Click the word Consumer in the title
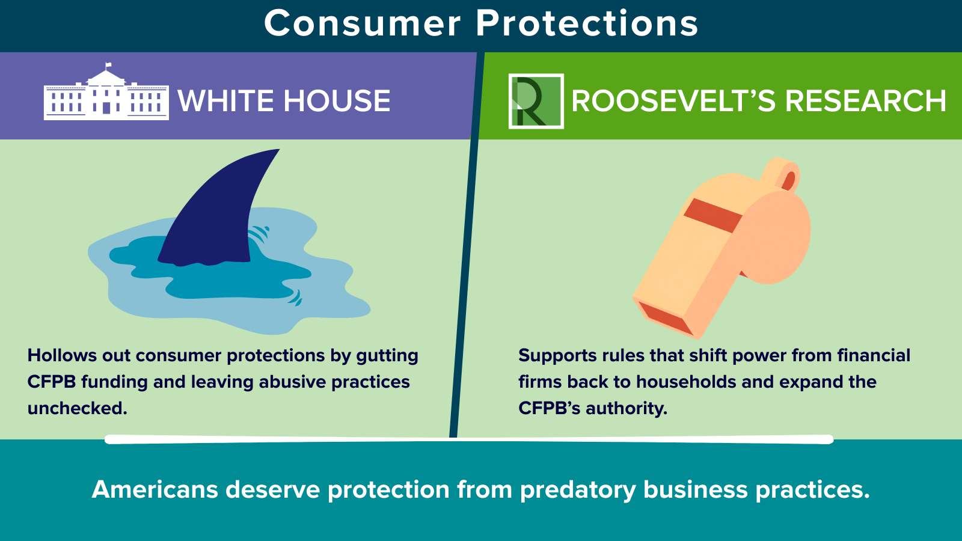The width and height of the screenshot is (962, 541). [x=363, y=23]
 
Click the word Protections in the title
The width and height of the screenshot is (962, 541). [x=587, y=23]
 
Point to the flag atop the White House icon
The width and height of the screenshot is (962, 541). [x=108, y=66]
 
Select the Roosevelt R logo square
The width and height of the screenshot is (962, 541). [x=536, y=102]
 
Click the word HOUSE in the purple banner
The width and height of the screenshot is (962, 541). [x=337, y=102]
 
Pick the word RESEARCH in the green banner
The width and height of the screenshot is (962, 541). [x=865, y=102]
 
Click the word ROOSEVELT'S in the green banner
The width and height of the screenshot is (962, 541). [x=673, y=102]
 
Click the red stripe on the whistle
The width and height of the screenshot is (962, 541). [x=713, y=215]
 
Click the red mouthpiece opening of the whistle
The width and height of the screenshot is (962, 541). [x=665, y=318]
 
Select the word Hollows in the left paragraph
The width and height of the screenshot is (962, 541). [x=62, y=355]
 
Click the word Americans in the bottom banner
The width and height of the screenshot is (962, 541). [x=155, y=489]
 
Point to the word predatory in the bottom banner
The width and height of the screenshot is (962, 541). [x=578, y=490]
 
